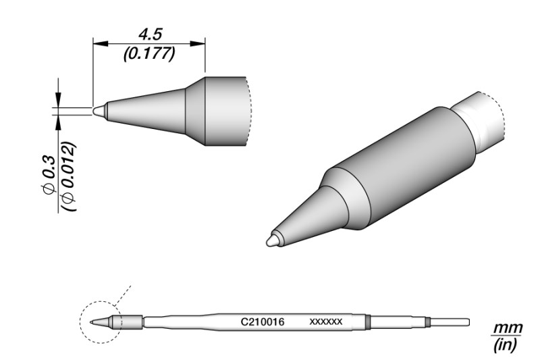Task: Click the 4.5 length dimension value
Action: [150, 35]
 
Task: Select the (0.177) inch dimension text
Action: [150, 54]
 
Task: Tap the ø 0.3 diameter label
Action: [49, 175]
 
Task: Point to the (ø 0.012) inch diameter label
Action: [68, 176]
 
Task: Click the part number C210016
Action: [263, 322]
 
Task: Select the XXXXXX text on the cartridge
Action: [326, 322]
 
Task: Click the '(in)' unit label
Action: [506, 345]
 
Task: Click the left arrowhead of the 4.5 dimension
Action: [101, 44]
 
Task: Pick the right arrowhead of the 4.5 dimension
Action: [198, 44]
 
